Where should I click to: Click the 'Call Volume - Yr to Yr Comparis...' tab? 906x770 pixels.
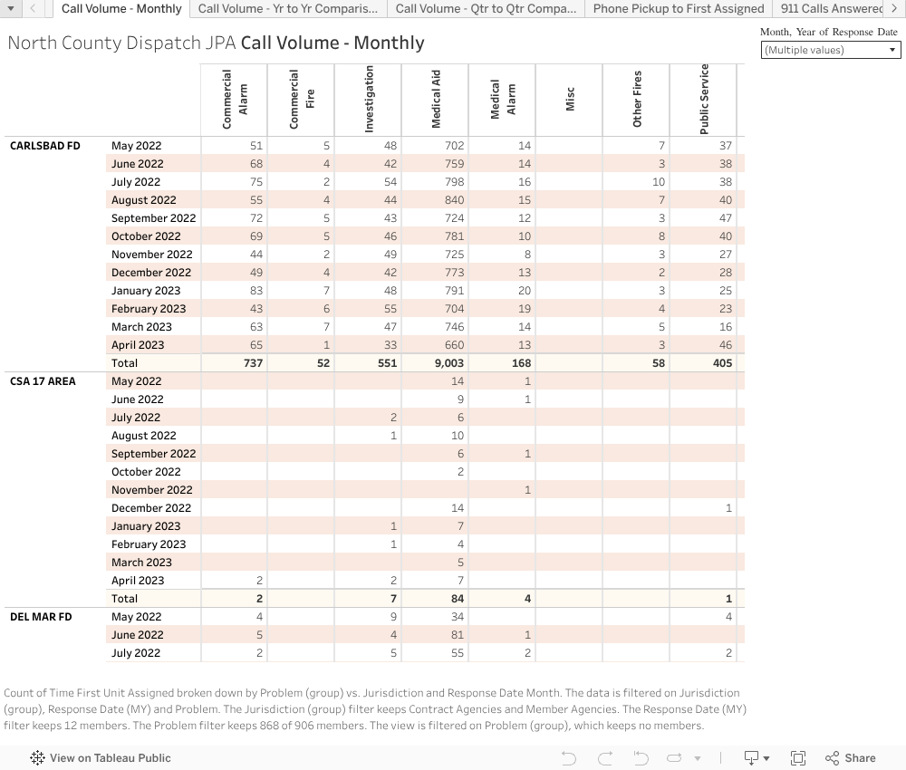coord(288,9)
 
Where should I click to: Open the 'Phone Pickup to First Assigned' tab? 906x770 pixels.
coord(679,9)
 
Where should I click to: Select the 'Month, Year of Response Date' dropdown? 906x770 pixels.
coord(831,50)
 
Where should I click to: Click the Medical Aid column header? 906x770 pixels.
coord(436,100)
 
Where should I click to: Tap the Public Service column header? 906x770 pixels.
coord(704,100)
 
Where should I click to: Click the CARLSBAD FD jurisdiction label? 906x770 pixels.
coord(45,146)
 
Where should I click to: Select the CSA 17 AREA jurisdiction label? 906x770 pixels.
coord(43,381)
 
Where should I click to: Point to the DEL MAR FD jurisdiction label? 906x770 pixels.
coord(41,617)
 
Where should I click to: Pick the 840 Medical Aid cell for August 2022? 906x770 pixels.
coord(454,200)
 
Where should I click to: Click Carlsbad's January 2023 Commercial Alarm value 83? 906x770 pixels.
coord(255,291)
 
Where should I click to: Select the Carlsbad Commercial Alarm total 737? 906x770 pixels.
coord(252,363)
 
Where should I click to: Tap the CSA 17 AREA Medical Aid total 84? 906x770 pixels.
coord(456,599)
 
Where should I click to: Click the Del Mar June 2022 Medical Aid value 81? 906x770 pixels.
coord(457,635)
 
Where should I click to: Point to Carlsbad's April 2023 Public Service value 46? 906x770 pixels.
coord(725,345)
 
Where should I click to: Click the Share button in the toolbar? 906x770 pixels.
coord(851,758)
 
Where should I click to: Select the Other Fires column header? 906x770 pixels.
coord(637,100)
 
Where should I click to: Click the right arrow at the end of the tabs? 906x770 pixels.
coord(894,9)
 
